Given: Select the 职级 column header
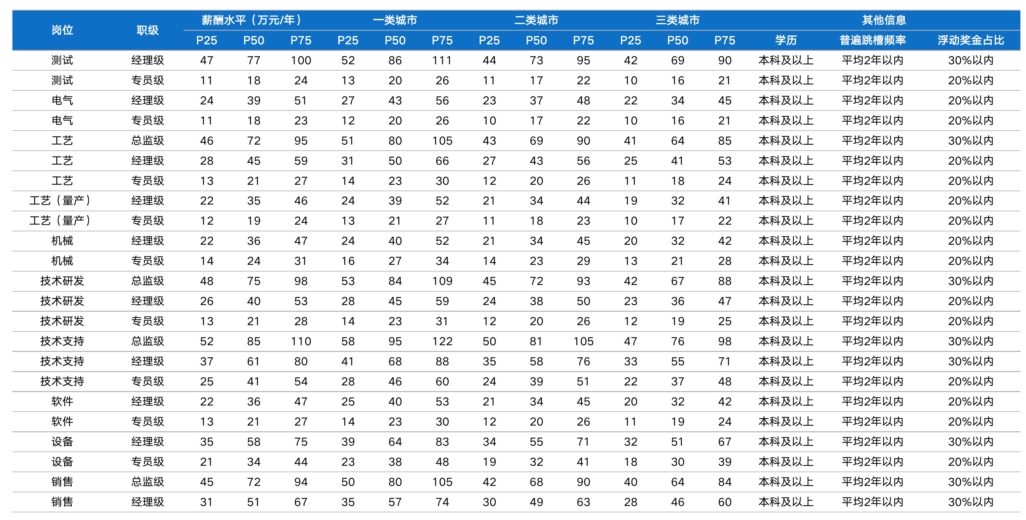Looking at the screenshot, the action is pyautogui.click(x=147, y=30).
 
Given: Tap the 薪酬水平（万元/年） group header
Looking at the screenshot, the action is pyautogui.click(x=254, y=20).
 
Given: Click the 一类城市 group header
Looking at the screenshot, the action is pyautogui.click(x=395, y=20).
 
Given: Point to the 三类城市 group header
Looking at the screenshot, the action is pyautogui.click(x=677, y=20).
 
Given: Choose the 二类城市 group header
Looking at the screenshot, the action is pyautogui.click(x=536, y=20).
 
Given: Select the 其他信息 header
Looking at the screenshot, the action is pyautogui.click(x=884, y=20).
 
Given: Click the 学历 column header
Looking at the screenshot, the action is pyautogui.click(x=786, y=40).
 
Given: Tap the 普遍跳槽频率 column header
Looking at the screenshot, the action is pyautogui.click(x=872, y=40).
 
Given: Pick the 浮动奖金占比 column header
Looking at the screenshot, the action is pyautogui.click(x=971, y=40).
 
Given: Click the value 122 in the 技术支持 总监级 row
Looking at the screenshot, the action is pyautogui.click(x=442, y=342).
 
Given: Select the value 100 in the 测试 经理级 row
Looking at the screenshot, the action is pyautogui.click(x=301, y=61).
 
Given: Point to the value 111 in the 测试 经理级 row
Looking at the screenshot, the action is pyautogui.click(x=442, y=61).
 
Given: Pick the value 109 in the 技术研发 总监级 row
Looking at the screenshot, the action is pyautogui.click(x=442, y=281).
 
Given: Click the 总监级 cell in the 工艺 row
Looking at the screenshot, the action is pyautogui.click(x=147, y=141).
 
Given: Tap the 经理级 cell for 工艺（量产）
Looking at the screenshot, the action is pyautogui.click(x=147, y=201).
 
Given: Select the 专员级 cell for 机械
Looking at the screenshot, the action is pyautogui.click(x=147, y=261).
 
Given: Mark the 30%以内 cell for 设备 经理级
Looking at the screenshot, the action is pyautogui.click(x=971, y=442).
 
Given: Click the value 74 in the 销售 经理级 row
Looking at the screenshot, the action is pyautogui.click(x=442, y=502).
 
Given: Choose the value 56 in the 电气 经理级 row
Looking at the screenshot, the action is pyautogui.click(x=442, y=101).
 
